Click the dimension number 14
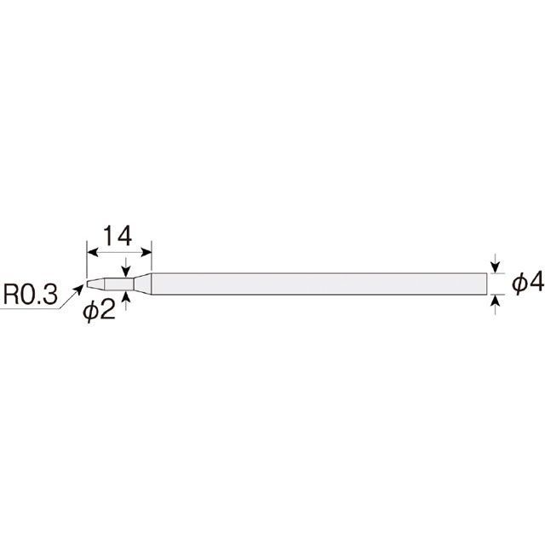coord(118,236)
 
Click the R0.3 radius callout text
coord(31,295)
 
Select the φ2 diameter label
coord(99,310)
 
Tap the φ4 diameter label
coord(528,283)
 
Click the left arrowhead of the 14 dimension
coord(92,253)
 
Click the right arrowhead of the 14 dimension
coord(146,253)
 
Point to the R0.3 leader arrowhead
coord(79,288)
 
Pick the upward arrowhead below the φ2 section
coord(126,297)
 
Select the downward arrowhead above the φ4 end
coord(496,267)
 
